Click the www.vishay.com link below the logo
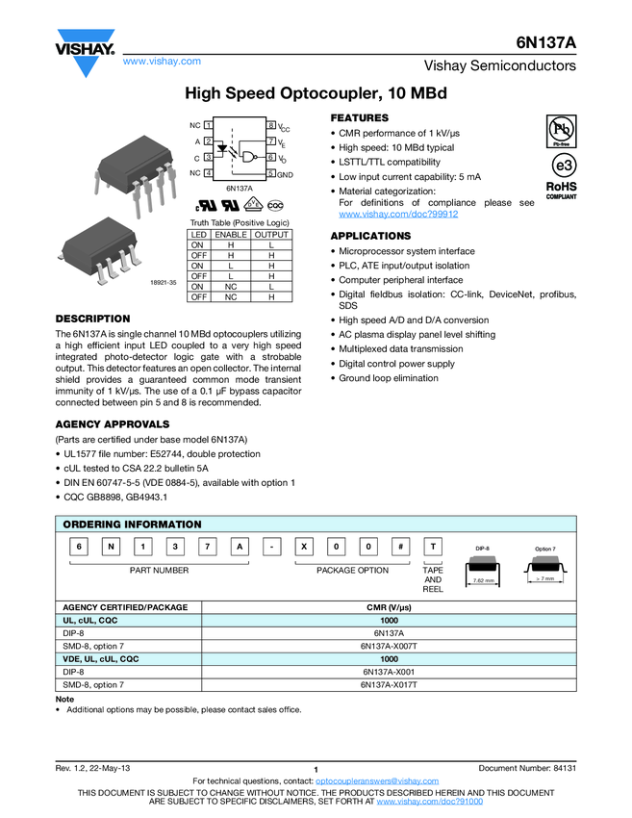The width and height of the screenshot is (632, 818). click(162, 62)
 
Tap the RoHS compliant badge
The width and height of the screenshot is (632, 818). click(562, 189)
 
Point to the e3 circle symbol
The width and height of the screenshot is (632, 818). click(562, 162)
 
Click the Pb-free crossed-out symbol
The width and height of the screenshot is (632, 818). click(562, 129)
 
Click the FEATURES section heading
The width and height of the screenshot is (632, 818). click(359, 117)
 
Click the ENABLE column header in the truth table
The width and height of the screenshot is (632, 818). click(230, 235)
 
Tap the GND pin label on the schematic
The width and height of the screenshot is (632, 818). click(286, 173)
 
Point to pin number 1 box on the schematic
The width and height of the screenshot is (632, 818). click(209, 126)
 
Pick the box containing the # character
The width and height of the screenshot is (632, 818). click(400, 548)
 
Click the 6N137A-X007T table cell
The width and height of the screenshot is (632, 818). click(389, 647)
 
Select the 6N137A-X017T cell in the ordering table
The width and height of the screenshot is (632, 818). click(389, 684)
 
